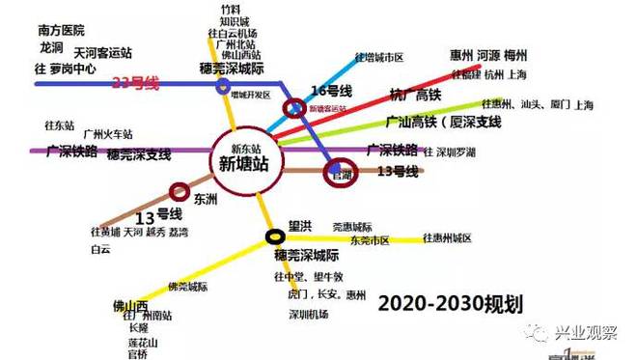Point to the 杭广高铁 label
(x=416, y=95)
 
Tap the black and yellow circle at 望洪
(x=276, y=234)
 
